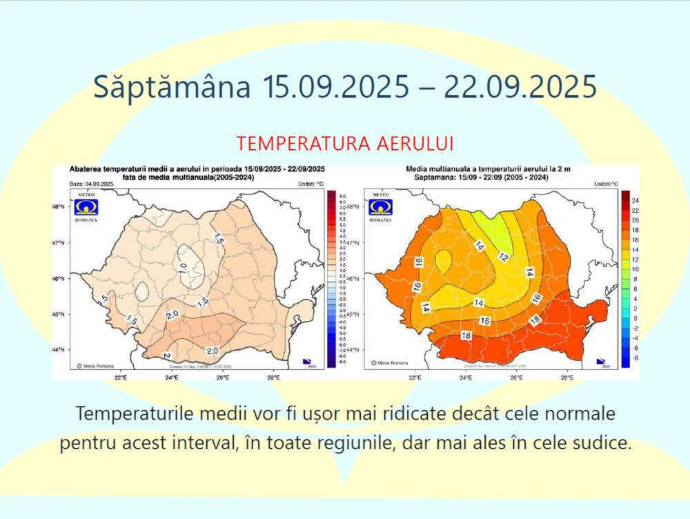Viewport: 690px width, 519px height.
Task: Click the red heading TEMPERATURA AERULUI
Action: click(x=344, y=144)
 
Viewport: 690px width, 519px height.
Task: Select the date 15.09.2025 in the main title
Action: click(x=335, y=88)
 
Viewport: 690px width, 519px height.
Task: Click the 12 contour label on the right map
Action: click(x=505, y=257)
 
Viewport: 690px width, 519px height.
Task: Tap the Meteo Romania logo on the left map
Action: click(x=87, y=207)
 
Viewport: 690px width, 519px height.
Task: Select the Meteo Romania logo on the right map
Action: click(x=380, y=207)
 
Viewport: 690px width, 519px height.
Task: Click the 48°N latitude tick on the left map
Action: click(x=59, y=206)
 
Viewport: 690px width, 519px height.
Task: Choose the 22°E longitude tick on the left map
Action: click(x=121, y=378)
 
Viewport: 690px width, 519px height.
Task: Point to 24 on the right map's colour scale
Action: click(x=635, y=200)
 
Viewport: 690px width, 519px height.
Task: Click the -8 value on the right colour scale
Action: click(x=635, y=358)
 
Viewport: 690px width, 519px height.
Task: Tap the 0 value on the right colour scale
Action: click(x=635, y=319)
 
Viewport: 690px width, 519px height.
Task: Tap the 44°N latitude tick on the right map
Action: click(x=353, y=350)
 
